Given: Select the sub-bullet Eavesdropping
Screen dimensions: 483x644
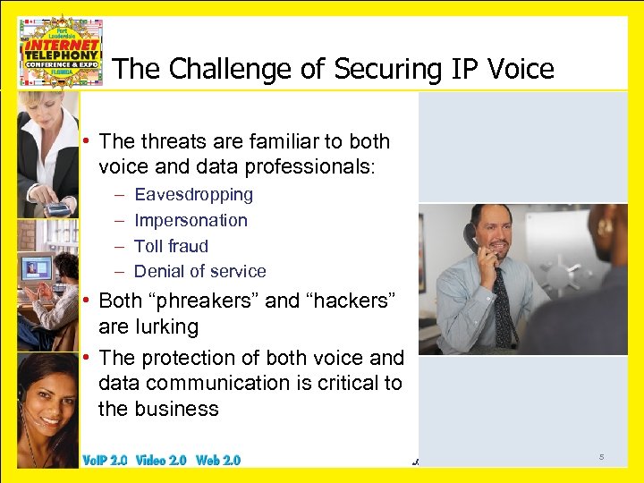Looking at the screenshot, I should [193, 194].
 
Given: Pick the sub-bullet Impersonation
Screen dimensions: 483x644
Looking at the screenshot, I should [191, 220].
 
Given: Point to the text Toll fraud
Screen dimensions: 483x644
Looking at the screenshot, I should [171, 246].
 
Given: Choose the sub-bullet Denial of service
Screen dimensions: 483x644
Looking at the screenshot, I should [199, 271].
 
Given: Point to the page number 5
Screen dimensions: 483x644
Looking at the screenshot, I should [601, 458].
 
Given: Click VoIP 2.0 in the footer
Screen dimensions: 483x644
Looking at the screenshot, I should [105, 460].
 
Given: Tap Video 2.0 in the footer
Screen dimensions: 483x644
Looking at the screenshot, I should [162, 460].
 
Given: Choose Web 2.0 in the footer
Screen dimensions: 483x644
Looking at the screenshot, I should [218, 460].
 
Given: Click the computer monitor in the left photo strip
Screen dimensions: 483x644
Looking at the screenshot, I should [38, 267].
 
